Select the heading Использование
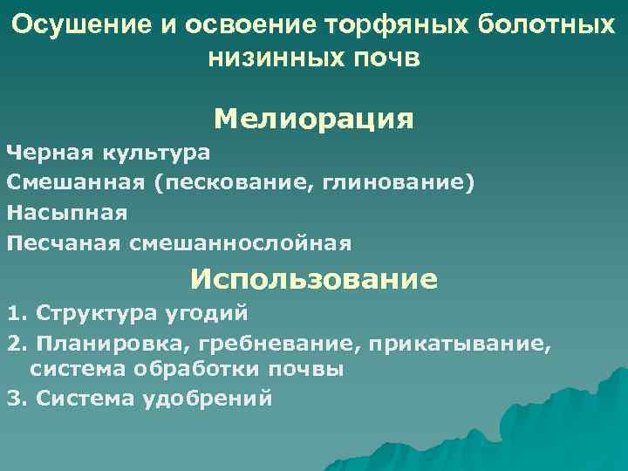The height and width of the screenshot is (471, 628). coord(314,279)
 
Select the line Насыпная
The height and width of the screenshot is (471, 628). coord(67,212)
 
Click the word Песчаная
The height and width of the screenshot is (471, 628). coord(63,242)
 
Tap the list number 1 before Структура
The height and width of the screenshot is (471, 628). coord(13,311)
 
